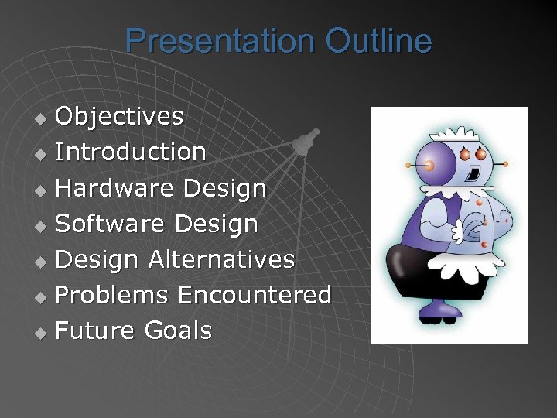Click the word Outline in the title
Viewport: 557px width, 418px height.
(x=379, y=41)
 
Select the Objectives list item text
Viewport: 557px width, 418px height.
(x=119, y=116)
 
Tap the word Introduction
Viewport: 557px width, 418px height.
(x=131, y=152)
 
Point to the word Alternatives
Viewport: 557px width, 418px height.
(x=221, y=259)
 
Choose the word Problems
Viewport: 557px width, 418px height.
(x=112, y=295)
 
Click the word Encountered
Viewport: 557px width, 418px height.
(x=255, y=295)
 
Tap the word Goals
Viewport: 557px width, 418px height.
(x=177, y=331)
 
